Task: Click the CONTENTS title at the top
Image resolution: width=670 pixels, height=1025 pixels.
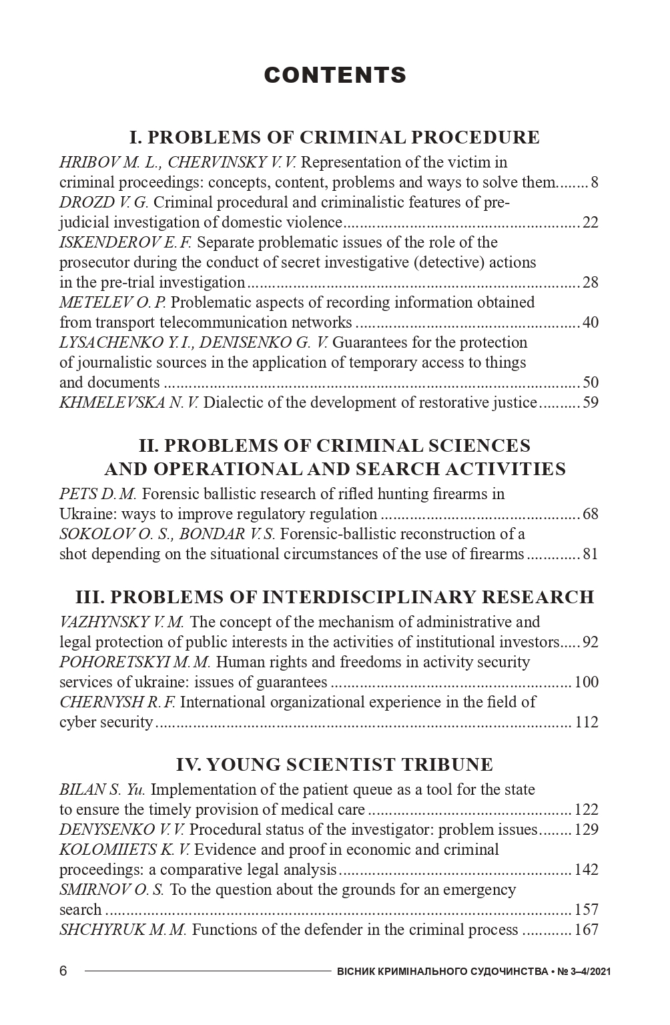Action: tap(335, 75)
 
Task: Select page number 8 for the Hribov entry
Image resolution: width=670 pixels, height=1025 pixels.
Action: tap(594, 182)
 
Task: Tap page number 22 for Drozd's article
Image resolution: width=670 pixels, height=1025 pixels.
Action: tap(590, 222)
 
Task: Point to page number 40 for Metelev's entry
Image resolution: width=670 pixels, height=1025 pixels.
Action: tap(590, 322)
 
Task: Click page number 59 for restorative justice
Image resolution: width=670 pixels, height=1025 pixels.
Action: tap(590, 402)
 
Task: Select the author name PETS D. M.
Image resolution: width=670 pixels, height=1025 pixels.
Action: tap(97, 494)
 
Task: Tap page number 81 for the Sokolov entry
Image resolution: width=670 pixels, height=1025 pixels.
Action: tap(590, 554)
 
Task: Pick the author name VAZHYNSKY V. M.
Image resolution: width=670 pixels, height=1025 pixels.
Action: tap(121, 622)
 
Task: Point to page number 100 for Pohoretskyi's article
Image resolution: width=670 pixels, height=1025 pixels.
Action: tap(586, 682)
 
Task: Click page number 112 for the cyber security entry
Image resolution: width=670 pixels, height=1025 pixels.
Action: tap(586, 722)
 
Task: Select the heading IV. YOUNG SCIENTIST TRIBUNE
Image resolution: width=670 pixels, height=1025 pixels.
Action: tap(334, 764)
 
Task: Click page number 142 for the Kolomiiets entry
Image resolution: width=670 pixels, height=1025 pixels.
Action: tap(586, 870)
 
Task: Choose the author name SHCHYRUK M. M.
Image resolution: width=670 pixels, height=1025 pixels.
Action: tap(123, 930)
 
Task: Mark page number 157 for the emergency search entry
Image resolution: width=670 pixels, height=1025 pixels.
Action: tap(586, 910)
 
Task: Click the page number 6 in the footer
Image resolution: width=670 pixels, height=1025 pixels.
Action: tap(63, 971)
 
